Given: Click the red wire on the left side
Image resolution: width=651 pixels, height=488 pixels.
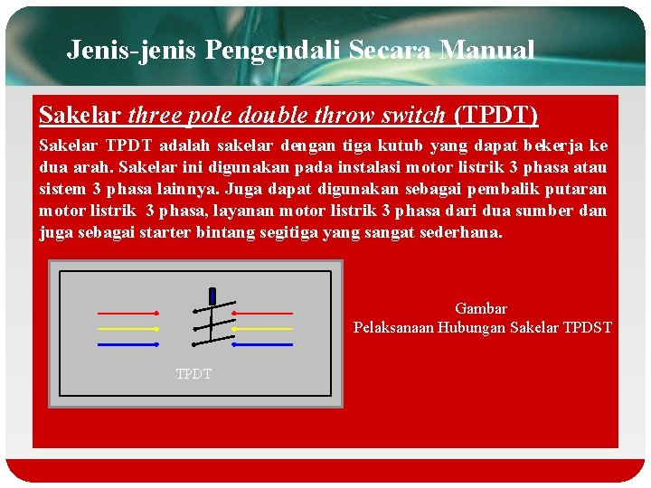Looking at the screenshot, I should [127, 314].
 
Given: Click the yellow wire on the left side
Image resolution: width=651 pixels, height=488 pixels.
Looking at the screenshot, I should [127, 329].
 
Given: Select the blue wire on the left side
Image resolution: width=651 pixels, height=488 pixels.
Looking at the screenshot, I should [127, 344].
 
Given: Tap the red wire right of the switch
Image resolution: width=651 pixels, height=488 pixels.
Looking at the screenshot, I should [263, 314].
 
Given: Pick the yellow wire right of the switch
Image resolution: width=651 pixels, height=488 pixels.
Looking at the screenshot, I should [263, 329].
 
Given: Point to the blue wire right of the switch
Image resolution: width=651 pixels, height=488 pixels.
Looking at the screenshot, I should [263, 344].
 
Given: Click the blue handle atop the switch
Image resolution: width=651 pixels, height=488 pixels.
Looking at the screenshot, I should [212, 295].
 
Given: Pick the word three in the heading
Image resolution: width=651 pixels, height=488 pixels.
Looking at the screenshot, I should [155, 116].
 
